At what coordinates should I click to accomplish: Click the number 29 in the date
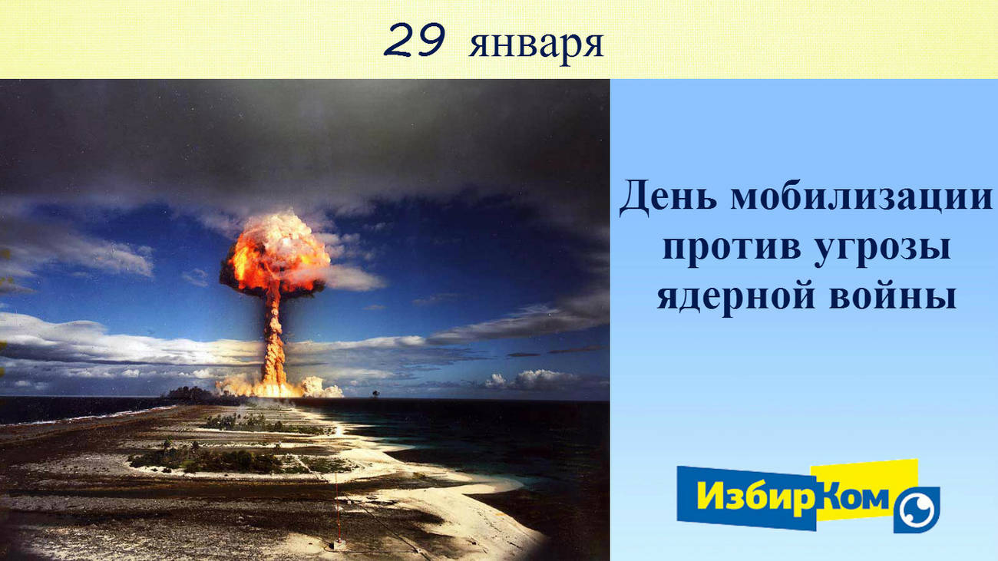pos(414,40)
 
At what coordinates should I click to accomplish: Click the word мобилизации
pos(861,197)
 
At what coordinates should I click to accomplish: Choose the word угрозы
pos(882,249)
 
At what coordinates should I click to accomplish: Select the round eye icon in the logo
pos(916,510)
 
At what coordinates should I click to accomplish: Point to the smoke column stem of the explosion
pos(273,338)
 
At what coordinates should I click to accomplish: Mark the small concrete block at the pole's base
pos(339,545)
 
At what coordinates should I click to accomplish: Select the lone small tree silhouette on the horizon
pos(375,394)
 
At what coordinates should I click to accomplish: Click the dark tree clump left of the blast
pos(190,393)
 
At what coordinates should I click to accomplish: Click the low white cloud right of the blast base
pos(322,388)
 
